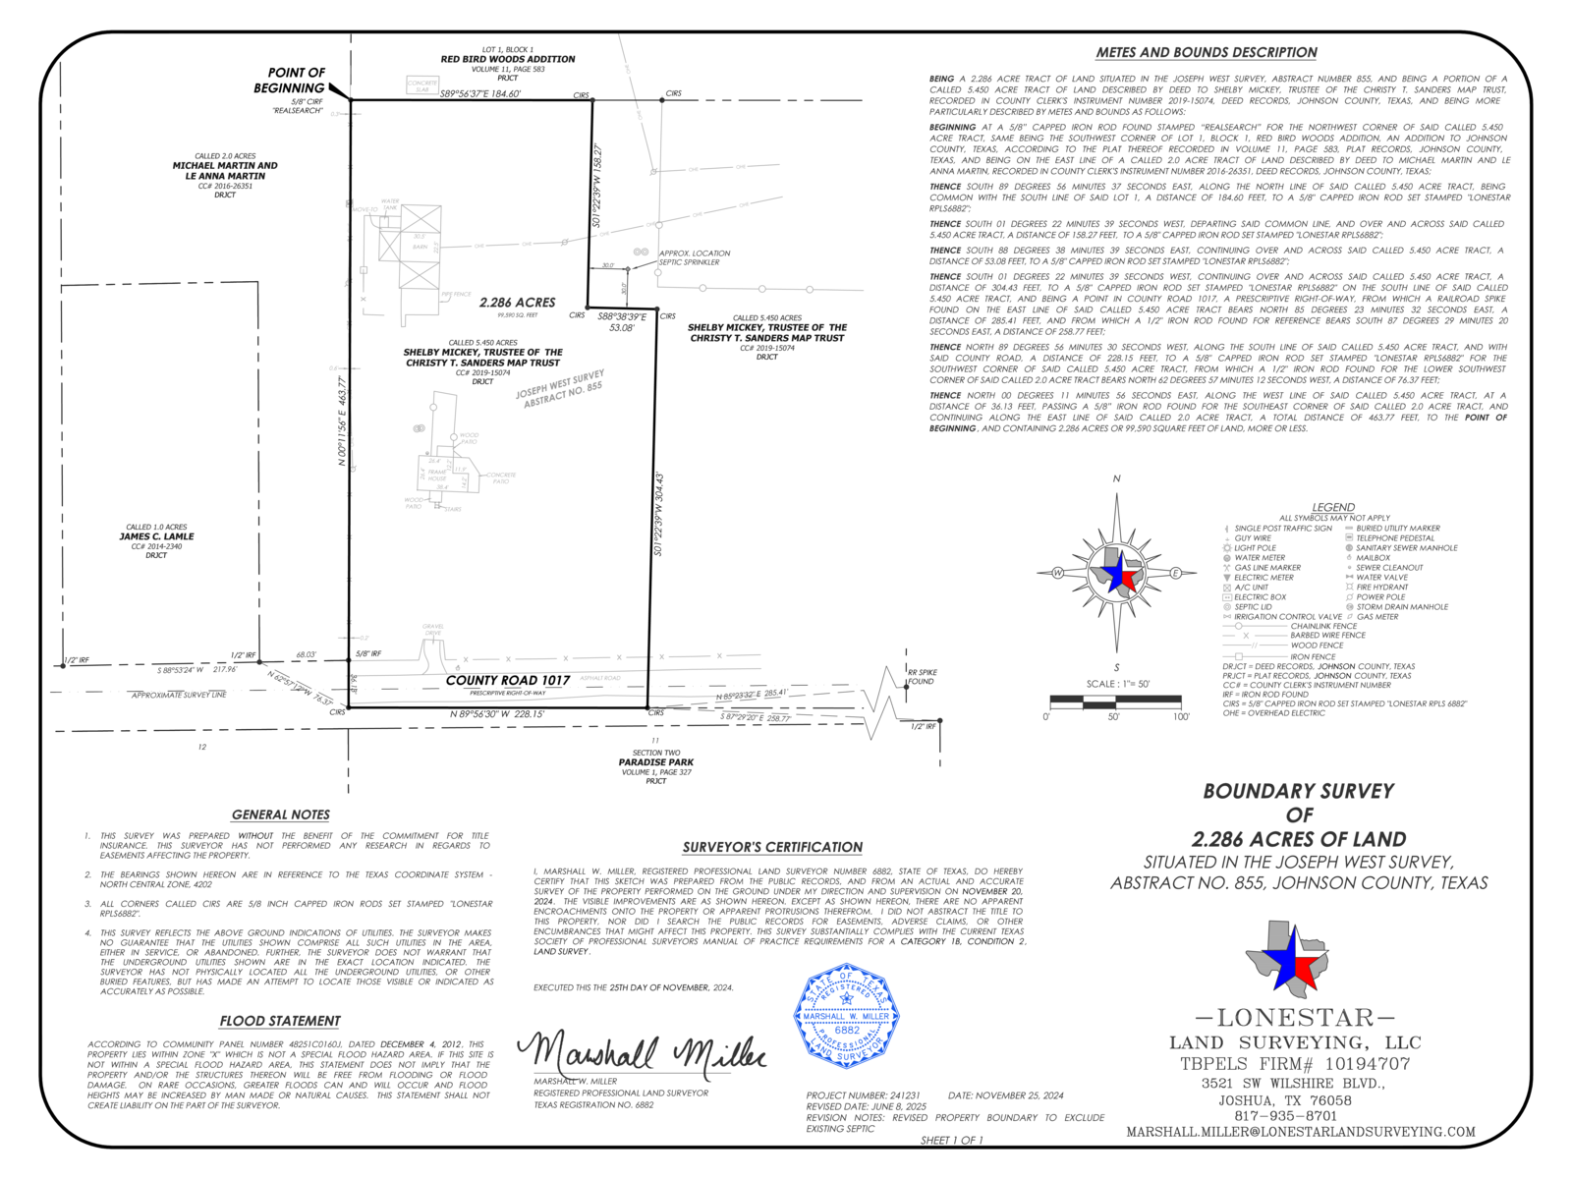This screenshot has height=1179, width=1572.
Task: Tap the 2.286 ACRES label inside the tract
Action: coord(517,303)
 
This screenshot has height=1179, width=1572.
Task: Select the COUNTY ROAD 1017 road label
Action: coord(508,680)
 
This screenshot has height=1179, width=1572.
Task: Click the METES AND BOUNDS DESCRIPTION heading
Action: coord(1207,52)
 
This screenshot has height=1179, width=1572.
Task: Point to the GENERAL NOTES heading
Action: coord(281,814)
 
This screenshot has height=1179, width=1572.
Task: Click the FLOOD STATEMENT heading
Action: coord(280,1021)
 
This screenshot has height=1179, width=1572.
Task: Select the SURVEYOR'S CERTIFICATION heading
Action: coord(772,847)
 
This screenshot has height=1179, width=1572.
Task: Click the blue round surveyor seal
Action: coord(846,1016)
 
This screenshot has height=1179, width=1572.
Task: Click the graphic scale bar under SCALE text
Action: coord(1115,701)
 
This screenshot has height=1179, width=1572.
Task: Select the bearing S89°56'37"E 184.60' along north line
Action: coord(480,94)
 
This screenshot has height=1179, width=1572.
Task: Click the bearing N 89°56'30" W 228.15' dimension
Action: coord(497,714)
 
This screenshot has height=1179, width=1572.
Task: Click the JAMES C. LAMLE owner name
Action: coord(157,536)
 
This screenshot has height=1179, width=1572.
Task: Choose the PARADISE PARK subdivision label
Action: coord(655,762)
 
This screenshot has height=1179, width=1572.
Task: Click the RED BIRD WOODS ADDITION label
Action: coord(508,59)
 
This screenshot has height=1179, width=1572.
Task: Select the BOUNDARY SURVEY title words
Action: coord(1298,791)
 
